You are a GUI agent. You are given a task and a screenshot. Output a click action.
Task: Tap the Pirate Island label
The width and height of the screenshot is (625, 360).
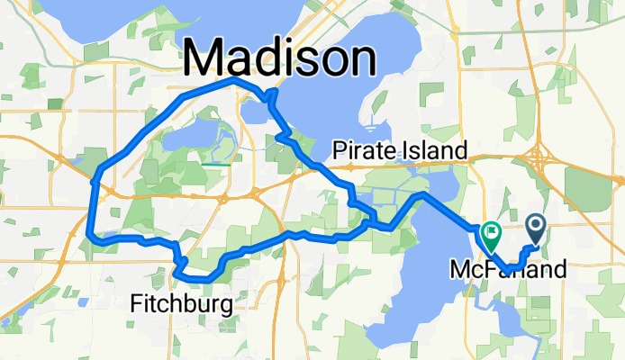(400, 150)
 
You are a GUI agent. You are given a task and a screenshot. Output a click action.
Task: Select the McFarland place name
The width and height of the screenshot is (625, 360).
(508, 268)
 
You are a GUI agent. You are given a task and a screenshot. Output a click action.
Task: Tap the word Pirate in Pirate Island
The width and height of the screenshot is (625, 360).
(362, 150)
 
